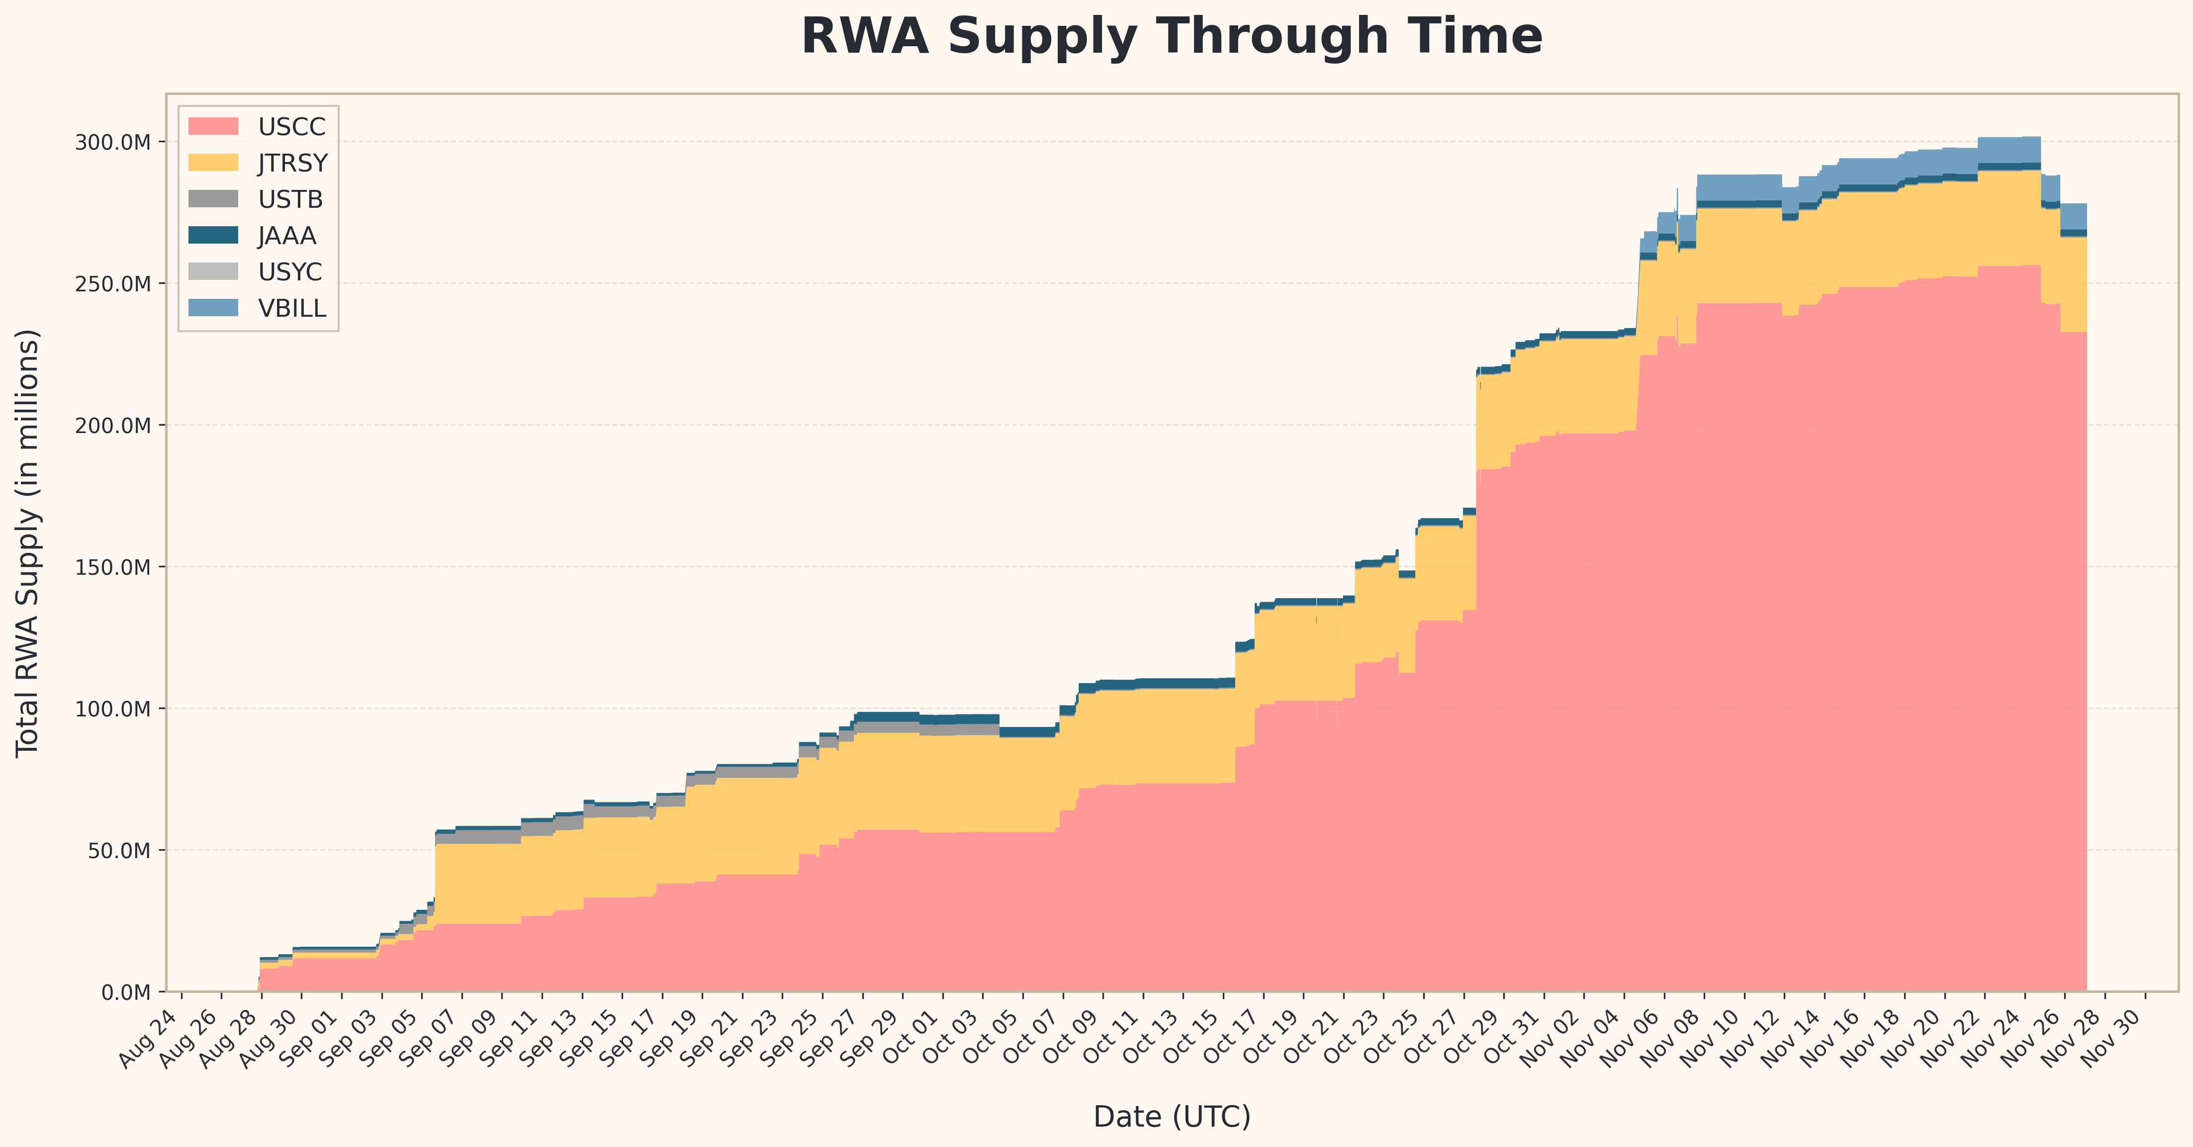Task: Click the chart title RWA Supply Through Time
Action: point(1172,37)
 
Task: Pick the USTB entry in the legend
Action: point(290,199)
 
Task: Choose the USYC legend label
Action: point(290,272)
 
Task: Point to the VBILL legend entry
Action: point(292,308)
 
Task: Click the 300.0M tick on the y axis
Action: point(112,142)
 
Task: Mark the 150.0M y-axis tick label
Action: point(112,567)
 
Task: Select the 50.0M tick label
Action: point(118,850)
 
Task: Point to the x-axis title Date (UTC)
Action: point(1172,1116)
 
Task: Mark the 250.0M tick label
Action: point(112,283)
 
